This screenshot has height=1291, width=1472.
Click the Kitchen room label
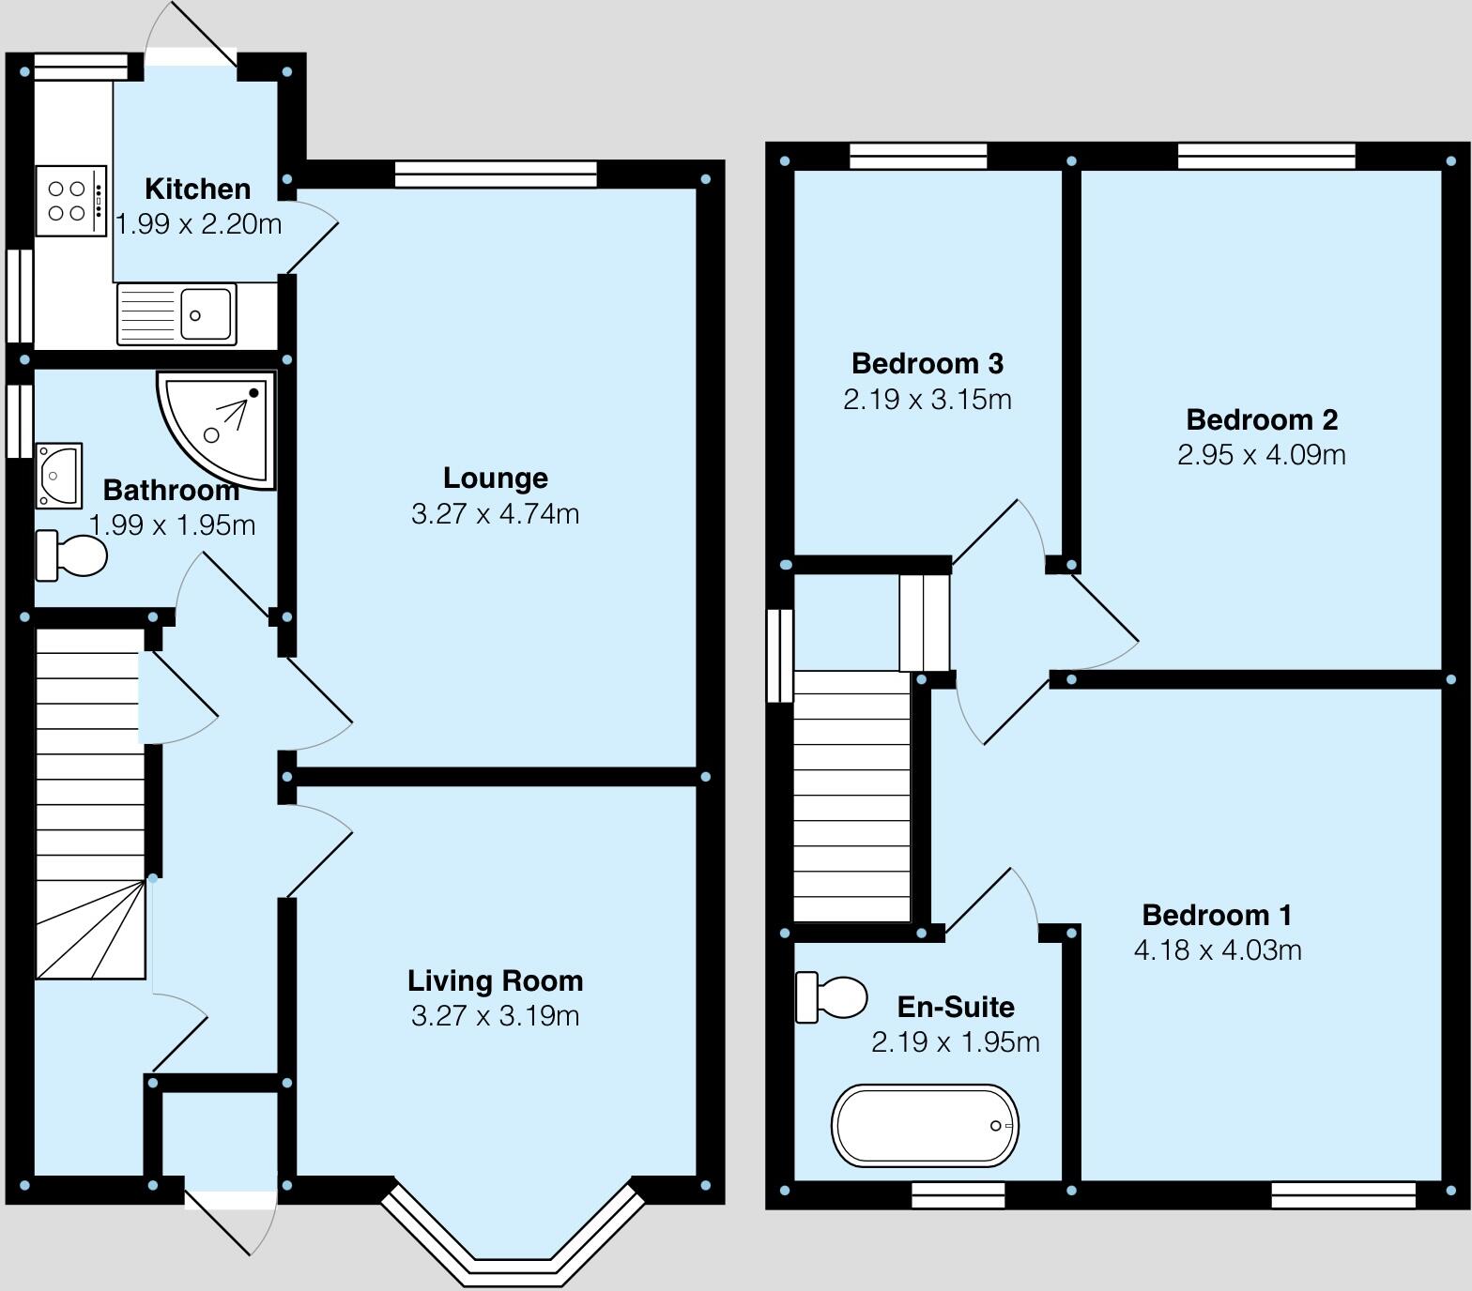pos(197,189)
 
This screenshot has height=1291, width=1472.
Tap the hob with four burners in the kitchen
pos(71,201)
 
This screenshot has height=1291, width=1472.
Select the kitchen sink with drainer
pos(176,314)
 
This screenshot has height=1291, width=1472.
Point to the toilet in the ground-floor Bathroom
pos(71,555)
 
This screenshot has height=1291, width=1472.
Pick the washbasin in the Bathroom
pos(59,475)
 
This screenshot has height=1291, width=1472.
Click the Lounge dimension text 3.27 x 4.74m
pos(495,514)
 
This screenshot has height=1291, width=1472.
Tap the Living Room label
pos(495,980)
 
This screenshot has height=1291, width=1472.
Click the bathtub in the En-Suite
pos(924,1125)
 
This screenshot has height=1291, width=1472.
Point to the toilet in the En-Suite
pos(831,996)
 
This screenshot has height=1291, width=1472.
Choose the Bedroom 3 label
pos(927,363)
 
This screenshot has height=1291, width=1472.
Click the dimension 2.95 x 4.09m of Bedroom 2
pos(1261,455)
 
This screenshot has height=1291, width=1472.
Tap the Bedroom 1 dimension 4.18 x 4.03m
pos(1217,950)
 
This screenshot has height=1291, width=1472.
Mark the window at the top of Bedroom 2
pos(1266,156)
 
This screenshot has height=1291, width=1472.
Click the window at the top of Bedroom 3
pos(918,156)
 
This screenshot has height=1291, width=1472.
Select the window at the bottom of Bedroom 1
pos(1342,1194)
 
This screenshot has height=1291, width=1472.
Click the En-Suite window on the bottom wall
pos(958,1194)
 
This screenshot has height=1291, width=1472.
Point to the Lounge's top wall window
pos(496,174)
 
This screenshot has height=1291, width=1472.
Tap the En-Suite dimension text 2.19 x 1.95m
pos(955,1042)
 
